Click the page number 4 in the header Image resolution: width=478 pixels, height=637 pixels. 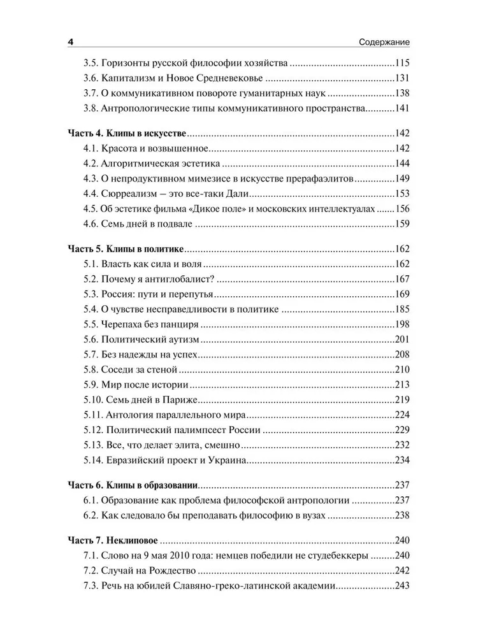71,42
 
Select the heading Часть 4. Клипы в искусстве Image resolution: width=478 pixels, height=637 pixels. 126,134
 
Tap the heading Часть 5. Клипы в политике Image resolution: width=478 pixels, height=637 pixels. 126,248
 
